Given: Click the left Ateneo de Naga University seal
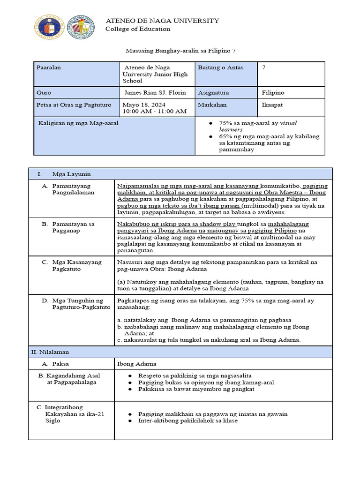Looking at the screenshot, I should tap(49, 27).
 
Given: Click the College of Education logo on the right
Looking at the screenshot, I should tap(81, 27).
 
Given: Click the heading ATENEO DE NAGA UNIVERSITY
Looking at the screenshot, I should tap(163, 21).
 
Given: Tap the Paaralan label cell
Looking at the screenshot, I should tap(49, 67).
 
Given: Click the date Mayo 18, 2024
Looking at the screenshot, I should tap(142, 105).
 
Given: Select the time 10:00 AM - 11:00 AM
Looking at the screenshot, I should tap(154, 111).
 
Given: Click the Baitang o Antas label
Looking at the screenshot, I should tap(221, 67).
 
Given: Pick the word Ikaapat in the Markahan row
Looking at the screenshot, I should tap(273, 105).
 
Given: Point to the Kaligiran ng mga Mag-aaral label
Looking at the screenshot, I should tap(77, 123).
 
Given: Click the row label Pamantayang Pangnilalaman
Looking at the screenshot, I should tap(73, 189).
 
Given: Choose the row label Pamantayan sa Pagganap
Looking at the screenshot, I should tap(73, 227).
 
